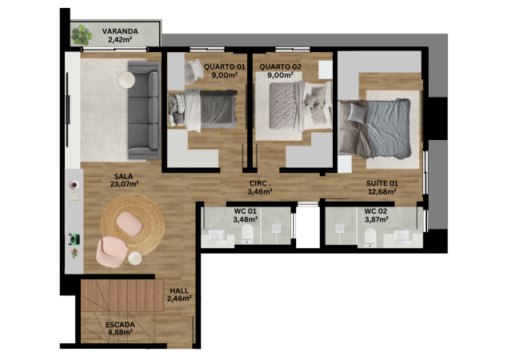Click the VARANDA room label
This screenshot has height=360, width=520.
click(x=120, y=31)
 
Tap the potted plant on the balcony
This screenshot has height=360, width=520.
click(x=82, y=35)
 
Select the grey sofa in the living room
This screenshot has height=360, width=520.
click(x=143, y=110)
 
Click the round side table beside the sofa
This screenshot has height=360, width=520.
click(x=126, y=80)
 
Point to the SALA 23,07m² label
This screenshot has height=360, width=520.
click(x=124, y=180)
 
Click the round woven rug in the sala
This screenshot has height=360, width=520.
click(x=133, y=225)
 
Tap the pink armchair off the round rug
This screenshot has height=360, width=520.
click(x=112, y=252)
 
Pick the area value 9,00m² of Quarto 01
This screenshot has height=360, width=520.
click(x=225, y=75)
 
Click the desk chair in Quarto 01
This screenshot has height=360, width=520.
click(x=194, y=71)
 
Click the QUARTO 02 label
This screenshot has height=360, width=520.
click(x=280, y=67)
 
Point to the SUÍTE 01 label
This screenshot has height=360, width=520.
click(x=382, y=183)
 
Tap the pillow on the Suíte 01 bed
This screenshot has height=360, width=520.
click(x=357, y=113)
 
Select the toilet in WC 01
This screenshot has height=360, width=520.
click(x=247, y=232)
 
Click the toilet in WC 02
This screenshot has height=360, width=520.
click(x=370, y=237)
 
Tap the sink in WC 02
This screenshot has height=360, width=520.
click(x=403, y=237)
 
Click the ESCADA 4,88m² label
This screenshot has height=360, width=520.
click(x=120, y=328)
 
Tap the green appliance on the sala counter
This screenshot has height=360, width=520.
click(x=74, y=238)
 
